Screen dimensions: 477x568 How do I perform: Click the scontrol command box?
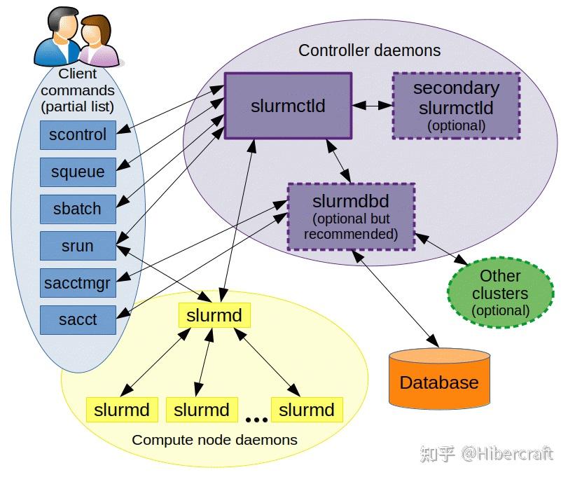tap(77, 134)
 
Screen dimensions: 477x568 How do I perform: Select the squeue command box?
tap(77, 172)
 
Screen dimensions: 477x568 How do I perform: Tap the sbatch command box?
tap(77, 209)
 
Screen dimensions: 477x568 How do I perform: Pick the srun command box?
tap(77, 246)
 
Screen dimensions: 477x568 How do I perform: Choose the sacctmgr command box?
tap(77, 282)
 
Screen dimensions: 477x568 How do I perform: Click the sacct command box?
tap(77, 319)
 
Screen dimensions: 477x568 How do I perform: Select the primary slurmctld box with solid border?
tap(288, 106)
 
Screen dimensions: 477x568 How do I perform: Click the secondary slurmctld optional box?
tap(456, 106)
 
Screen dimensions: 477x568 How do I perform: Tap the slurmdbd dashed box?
tap(351, 217)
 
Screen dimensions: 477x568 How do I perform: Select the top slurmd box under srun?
tap(214, 315)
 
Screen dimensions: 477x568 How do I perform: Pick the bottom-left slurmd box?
tap(122, 410)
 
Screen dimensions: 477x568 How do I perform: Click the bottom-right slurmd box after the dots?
tap(307, 410)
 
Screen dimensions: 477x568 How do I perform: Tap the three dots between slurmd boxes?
tap(256, 420)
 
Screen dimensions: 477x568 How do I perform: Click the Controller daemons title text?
tap(369, 50)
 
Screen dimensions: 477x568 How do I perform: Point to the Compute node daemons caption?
tap(214, 440)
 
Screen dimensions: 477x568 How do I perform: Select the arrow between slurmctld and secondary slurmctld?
tap(372, 106)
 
